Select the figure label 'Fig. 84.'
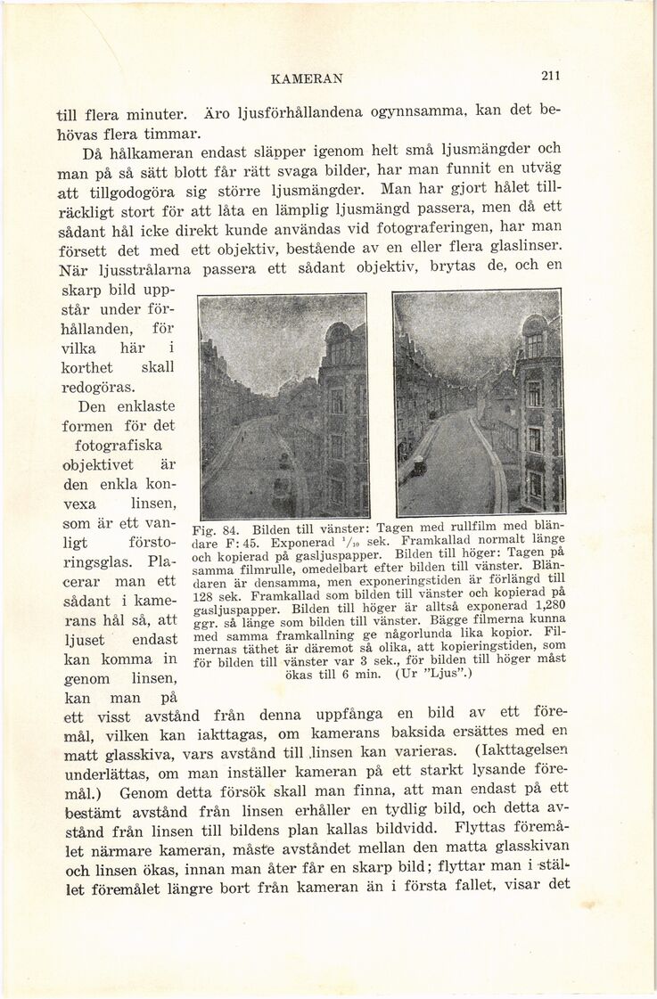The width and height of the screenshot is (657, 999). [218, 527]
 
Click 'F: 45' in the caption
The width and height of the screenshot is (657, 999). [225, 541]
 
